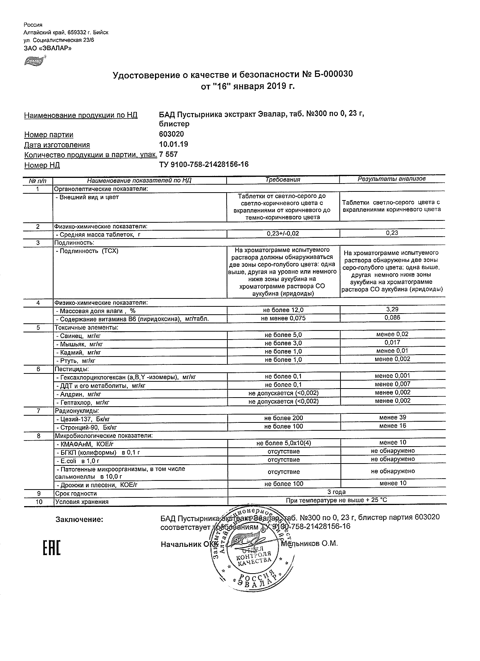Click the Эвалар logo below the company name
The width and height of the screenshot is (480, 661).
click(35, 60)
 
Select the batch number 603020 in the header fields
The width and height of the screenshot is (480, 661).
click(172, 135)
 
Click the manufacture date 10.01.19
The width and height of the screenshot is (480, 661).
click(173, 144)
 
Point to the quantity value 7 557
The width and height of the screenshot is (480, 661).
click(169, 155)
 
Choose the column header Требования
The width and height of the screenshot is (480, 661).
click(283, 180)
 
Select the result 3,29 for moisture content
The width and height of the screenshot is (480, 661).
click(392, 309)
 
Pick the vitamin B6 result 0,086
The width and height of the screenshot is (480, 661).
click(392, 318)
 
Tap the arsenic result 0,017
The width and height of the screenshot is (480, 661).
click(392, 343)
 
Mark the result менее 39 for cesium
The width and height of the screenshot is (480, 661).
click(392, 418)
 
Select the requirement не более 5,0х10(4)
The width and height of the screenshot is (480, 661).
click(284, 443)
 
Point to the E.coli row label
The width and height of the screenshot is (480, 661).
click(77, 461)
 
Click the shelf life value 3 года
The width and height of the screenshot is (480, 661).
click(336, 492)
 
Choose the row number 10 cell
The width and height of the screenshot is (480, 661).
click(38, 502)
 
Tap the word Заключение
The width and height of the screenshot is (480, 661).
click(79, 520)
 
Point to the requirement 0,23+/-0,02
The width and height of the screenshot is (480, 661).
click(283, 234)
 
